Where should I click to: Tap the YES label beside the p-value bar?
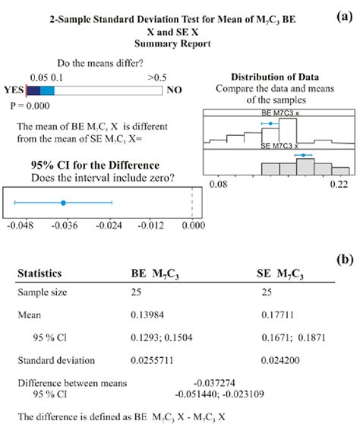(x=14, y=89)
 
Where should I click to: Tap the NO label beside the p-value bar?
(x=174, y=89)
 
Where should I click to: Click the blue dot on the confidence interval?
(x=63, y=202)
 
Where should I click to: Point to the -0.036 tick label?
(x=64, y=226)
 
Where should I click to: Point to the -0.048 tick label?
(x=19, y=226)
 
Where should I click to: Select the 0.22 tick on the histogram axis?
(x=332, y=183)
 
